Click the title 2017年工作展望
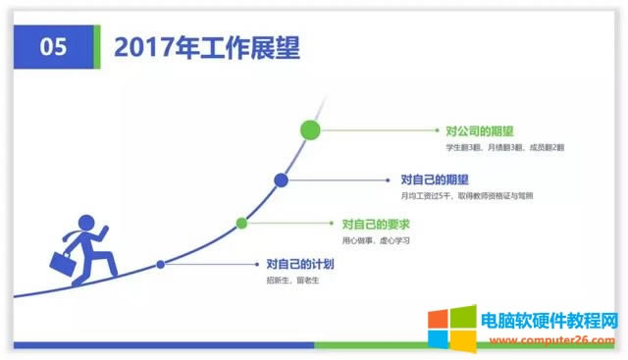[206, 47]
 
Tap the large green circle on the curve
[311, 129]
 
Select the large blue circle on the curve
[281, 180]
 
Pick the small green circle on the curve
[241, 224]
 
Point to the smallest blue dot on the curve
[161, 264]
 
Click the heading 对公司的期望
[480, 130]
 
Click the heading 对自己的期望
[435, 180]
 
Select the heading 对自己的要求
[375, 225]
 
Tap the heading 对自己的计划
[300, 264]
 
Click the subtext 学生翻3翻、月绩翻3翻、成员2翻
[504, 147]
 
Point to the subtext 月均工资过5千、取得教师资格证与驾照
[467, 196]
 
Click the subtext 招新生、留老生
[293, 281]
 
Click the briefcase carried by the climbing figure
[61, 264]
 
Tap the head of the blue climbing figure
[87, 223]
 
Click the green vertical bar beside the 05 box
[96, 47]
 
